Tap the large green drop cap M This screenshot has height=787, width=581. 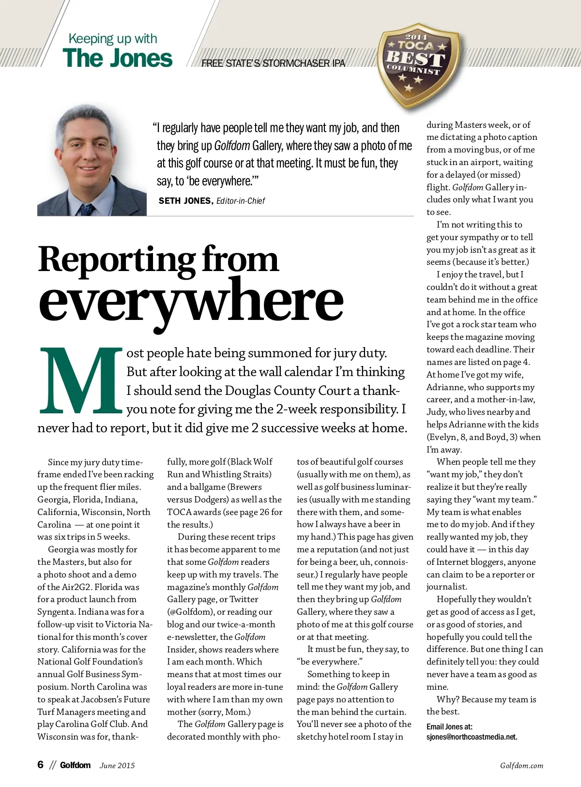[80, 380]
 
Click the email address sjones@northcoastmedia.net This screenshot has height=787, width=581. [472, 737]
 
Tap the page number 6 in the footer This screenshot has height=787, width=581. [41, 765]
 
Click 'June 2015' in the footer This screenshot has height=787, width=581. [117, 766]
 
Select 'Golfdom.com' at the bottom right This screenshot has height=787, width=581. [521, 766]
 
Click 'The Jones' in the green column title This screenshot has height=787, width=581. [117, 58]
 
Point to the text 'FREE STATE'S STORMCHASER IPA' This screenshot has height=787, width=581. [273, 63]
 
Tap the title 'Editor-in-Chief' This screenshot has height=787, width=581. [241, 201]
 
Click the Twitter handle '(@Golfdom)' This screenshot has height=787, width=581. [190, 612]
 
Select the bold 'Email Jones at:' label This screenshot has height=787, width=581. [449, 726]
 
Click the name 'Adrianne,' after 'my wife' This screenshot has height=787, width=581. [444, 387]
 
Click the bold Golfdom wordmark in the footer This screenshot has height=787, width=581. [75, 765]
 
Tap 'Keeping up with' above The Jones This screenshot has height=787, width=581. [113, 39]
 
